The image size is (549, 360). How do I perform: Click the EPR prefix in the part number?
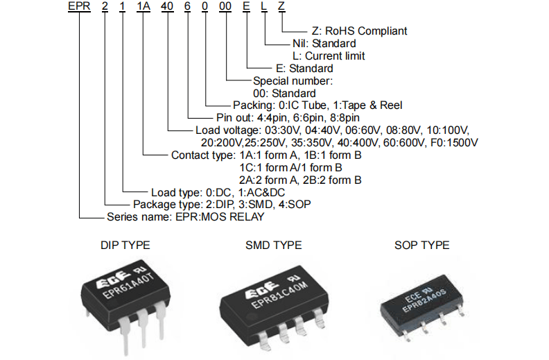click(x=78, y=7)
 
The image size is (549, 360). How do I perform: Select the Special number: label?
click(x=293, y=80)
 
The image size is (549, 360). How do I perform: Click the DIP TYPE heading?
click(x=125, y=245)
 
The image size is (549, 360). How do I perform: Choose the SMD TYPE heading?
click(x=273, y=245)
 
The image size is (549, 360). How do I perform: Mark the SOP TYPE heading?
click(x=421, y=245)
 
